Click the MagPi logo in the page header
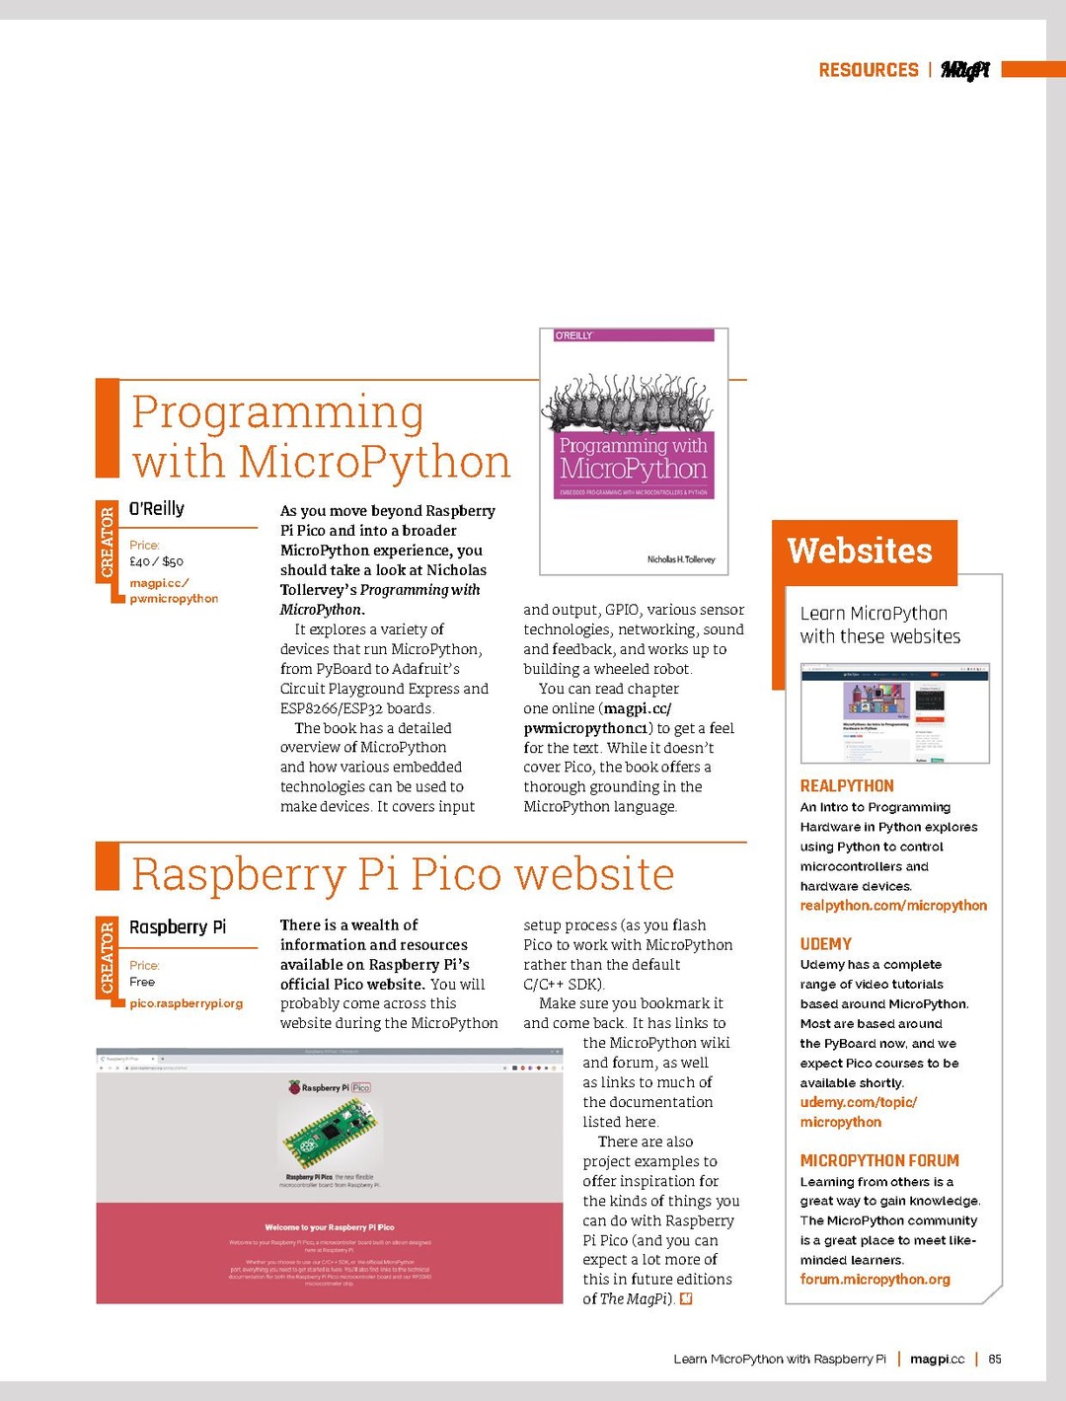coord(964,70)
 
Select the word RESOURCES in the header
coord(869,70)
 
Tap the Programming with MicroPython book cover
coord(634,451)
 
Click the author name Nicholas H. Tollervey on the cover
coord(681,559)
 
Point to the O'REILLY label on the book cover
coord(574,335)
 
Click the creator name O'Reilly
coord(157,509)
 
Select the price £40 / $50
coord(156,561)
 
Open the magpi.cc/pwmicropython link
coord(174,591)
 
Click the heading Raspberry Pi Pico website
coord(403,874)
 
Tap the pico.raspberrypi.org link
coord(186,1003)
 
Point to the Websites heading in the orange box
coord(860,551)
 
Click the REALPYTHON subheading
coord(847,786)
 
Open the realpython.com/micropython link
coord(893,906)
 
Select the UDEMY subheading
coord(826,944)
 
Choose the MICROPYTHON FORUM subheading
coord(879,1161)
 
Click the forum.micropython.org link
coord(876,1280)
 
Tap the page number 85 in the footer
coord(995,1360)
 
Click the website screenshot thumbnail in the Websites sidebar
coord(894,713)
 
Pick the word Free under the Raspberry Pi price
coord(142,983)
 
